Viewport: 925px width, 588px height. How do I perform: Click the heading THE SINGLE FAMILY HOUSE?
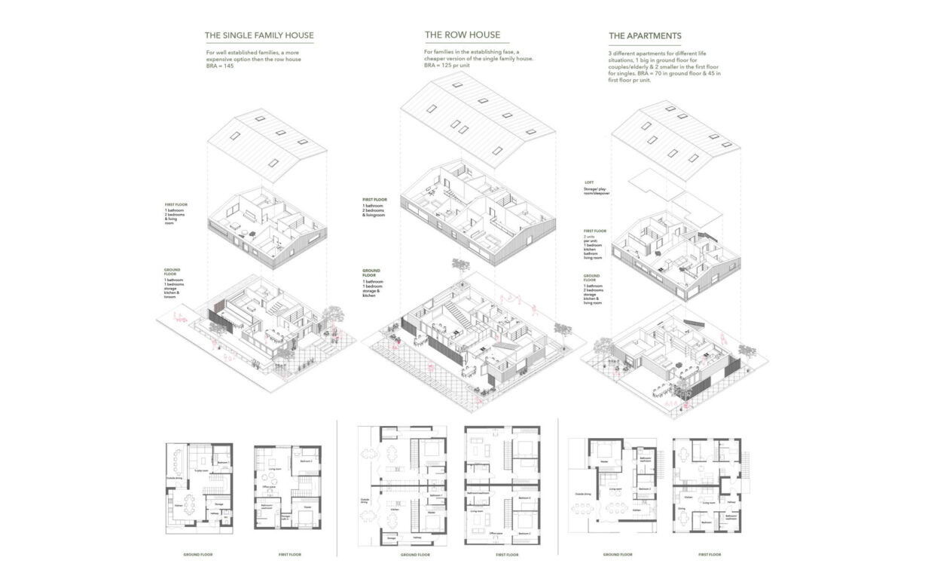click(259, 35)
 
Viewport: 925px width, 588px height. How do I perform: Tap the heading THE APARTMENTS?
click(645, 35)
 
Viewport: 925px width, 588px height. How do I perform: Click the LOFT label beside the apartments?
click(589, 182)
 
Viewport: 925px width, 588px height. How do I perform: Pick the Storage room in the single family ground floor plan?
click(218, 504)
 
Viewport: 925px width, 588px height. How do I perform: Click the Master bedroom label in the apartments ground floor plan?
click(604, 462)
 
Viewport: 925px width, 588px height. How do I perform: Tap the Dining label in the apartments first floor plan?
click(682, 509)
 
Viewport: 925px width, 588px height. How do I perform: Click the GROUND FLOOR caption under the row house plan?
click(416, 555)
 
